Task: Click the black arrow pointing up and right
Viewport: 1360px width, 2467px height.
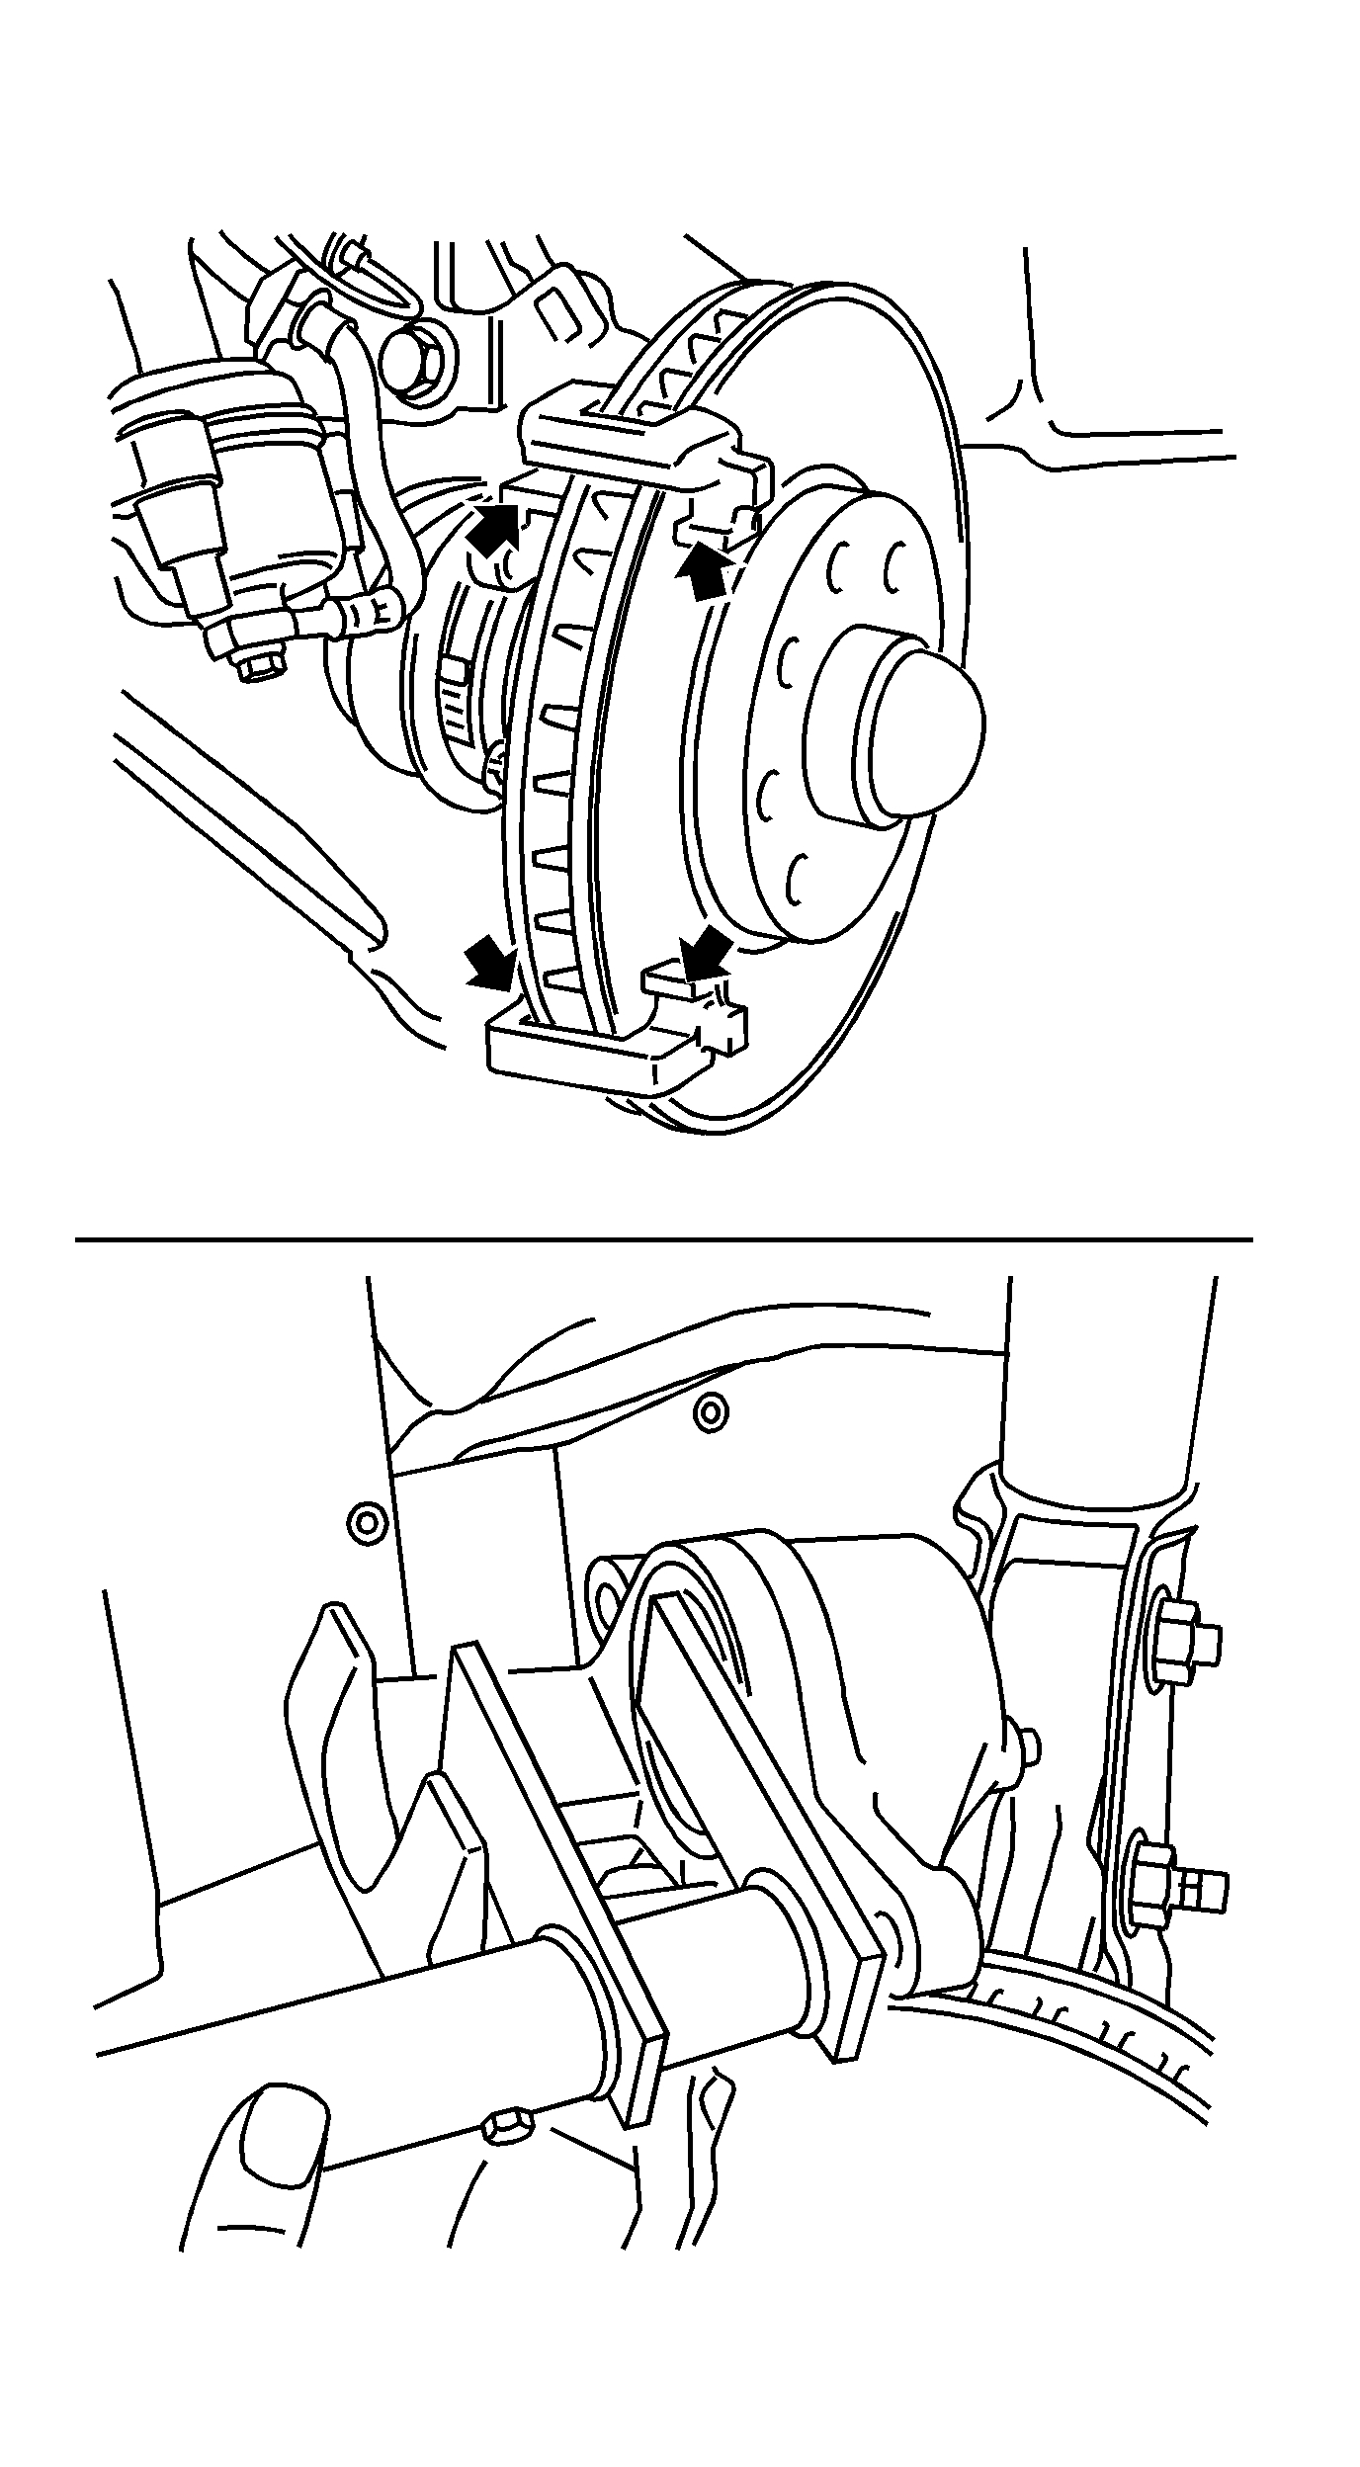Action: (x=494, y=528)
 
